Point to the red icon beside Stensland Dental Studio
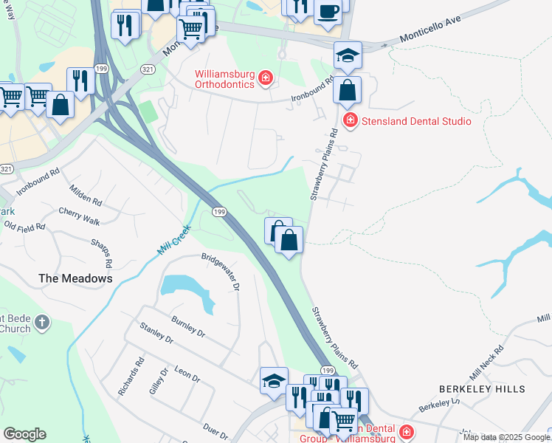point(350,120)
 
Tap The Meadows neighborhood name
point(75,278)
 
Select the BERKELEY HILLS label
point(482,388)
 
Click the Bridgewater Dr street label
point(221,272)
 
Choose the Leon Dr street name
point(186,373)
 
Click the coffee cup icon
point(328,12)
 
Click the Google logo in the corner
point(24,434)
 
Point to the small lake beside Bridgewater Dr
point(184,288)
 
